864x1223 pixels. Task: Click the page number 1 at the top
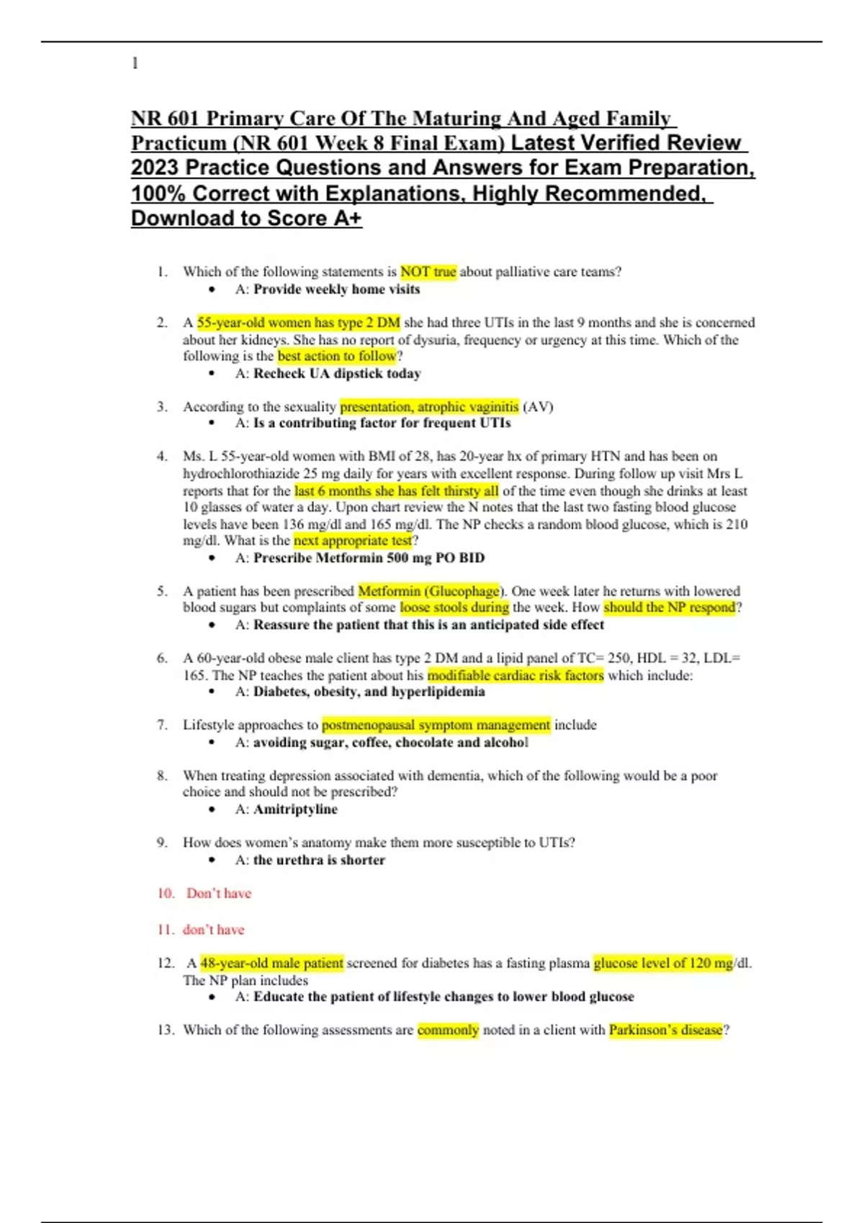point(135,63)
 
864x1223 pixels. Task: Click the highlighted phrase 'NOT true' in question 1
point(428,272)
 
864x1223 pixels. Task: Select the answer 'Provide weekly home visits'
point(336,289)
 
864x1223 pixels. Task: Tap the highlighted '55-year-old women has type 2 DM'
point(298,322)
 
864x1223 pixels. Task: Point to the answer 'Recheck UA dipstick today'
point(337,373)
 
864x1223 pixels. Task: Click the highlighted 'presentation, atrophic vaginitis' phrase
point(429,406)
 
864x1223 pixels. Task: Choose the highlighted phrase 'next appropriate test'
point(353,540)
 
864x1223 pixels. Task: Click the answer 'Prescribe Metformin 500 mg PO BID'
point(369,558)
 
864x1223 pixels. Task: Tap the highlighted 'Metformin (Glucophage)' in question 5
point(429,591)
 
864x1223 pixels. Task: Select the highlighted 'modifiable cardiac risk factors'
point(516,676)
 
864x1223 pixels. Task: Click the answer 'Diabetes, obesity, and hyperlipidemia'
point(369,692)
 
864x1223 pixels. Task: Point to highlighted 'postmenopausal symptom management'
point(436,725)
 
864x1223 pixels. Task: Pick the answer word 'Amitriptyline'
point(295,809)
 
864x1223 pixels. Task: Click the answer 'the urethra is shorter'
point(319,860)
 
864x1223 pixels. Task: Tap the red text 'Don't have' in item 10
point(219,894)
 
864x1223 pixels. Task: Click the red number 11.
point(165,929)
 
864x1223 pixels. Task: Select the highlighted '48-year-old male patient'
point(271,963)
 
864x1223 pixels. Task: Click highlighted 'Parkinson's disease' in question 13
point(665,1030)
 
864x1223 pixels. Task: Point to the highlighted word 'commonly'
point(448,1030)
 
